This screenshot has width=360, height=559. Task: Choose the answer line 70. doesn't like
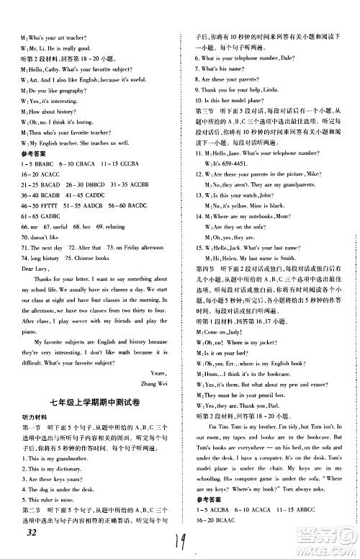[x=41, y=236]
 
